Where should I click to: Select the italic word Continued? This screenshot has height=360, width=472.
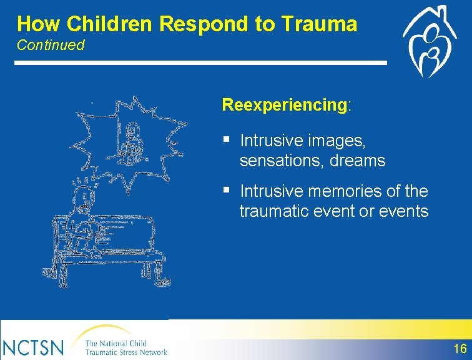(x=51, y=45)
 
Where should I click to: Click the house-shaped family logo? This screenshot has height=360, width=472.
(x=430, y=41)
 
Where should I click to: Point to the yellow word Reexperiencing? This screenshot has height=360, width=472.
(x=285, y=105)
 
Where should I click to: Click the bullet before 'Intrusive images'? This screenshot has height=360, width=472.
(x=227, y=139)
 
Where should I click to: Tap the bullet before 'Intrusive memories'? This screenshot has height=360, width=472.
(x=227, y=190)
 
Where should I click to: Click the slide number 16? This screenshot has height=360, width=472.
(x=460, y=349)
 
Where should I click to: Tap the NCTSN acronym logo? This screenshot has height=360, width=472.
(x=32, y=347)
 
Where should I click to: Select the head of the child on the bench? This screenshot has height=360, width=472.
(x=84, y=197)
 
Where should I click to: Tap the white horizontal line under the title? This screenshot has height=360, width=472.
(x=200, y=62)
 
